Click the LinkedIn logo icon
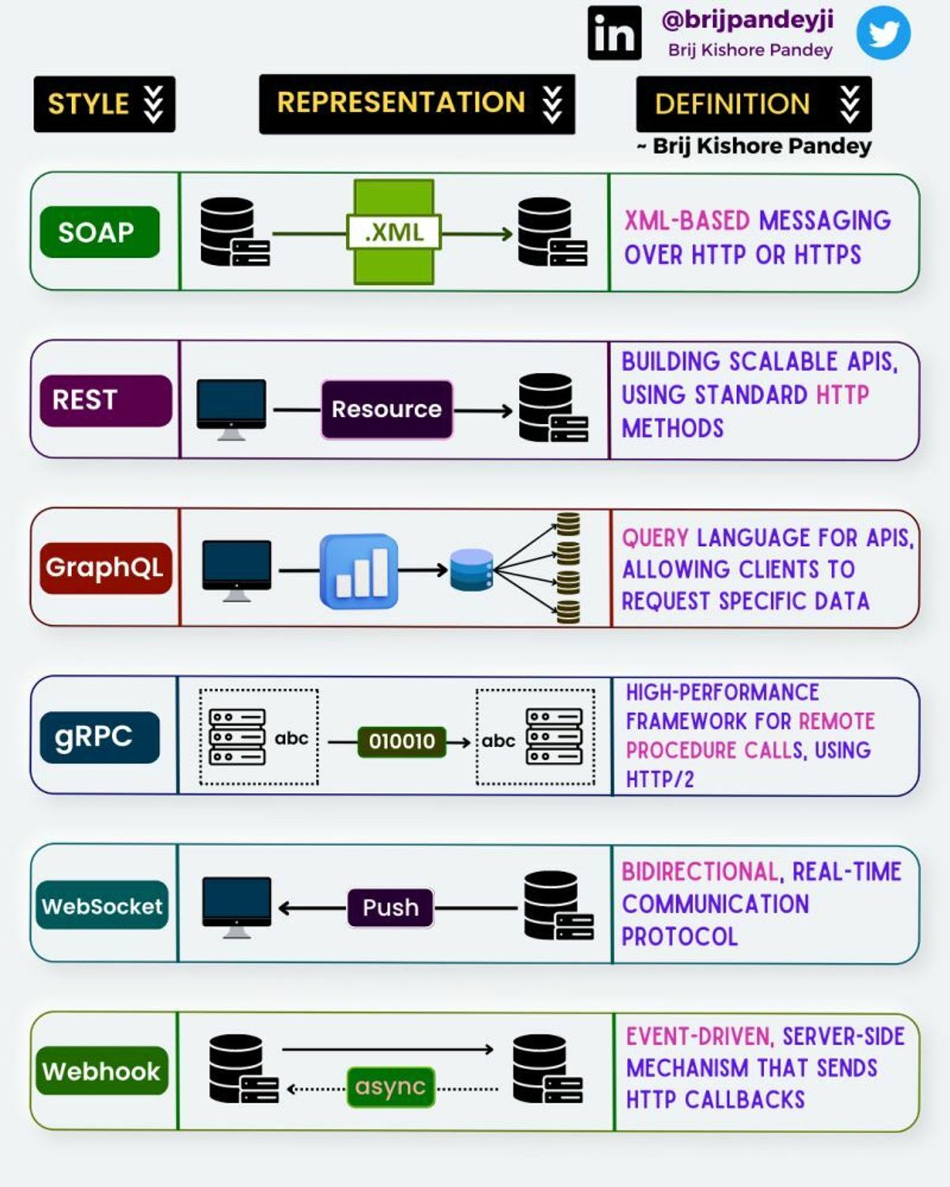614,33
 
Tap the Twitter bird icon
883,33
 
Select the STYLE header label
104,104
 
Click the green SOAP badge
99,232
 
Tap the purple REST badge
105,400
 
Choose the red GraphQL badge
105,567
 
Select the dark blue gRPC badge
99,737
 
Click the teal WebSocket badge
102,905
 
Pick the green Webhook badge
102,1071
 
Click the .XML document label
393,232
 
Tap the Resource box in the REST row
386,409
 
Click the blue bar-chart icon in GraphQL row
359,571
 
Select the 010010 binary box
401,741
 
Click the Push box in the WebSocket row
390,907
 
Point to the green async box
390,1087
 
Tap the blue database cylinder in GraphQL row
471,570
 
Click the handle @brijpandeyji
747,19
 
